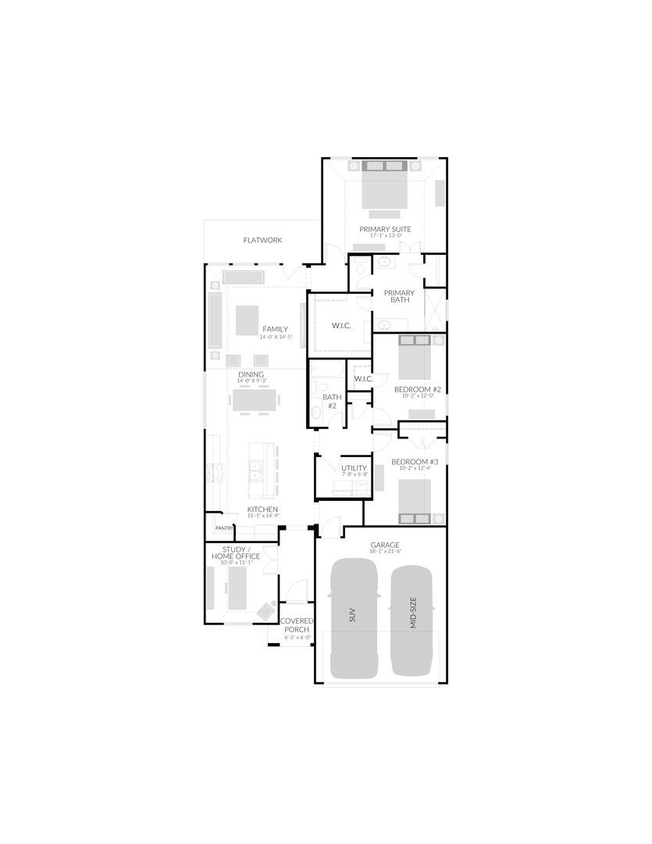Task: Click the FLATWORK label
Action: [x=262, y=241]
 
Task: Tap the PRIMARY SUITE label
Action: [x=385, y=229]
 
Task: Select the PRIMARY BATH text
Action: [x=399, y=296]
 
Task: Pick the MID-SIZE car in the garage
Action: [x=412, y=619]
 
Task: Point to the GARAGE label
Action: [x=385, y=545]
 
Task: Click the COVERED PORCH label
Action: [x=297, y=625]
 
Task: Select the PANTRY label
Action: [x=224, y=527]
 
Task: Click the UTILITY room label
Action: [x=354, y=468]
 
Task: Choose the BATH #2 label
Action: [x=332, y=401]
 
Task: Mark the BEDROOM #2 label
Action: [x=417, y=389]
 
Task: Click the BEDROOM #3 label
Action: [x=415, y=462]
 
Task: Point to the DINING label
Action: [x=251, y=374]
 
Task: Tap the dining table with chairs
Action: [x=255, y=400]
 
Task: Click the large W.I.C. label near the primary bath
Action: [x=341, y=325]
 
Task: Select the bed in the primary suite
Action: [x=385, y=188]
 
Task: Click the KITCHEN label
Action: [x=262, y=510]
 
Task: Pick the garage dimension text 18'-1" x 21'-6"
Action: [x=385, y=552]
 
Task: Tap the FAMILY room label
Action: [x=275, y=329]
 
